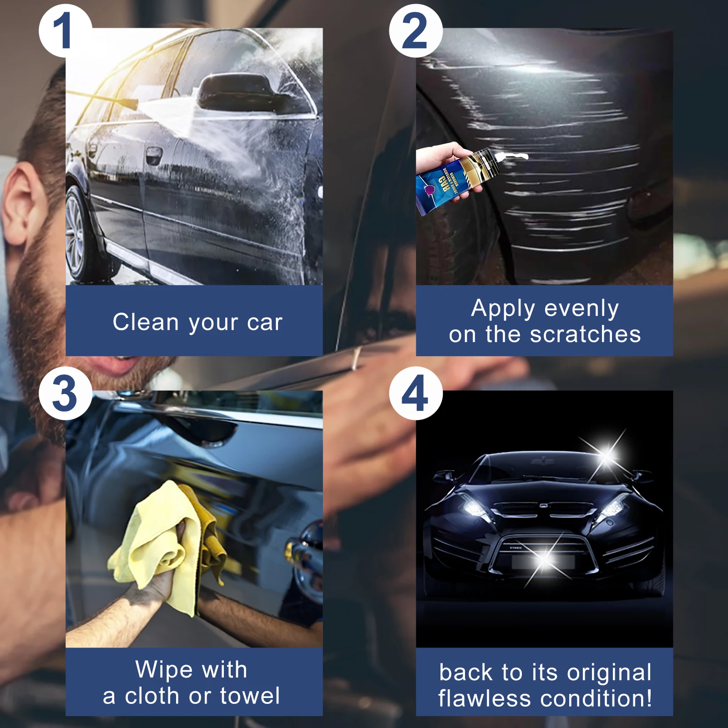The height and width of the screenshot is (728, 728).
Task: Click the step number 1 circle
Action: [65, 31]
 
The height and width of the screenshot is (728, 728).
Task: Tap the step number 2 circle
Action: [415, 31]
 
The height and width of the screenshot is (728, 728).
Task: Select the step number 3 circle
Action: [65, 394]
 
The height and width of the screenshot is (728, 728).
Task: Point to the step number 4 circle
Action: [415, 394]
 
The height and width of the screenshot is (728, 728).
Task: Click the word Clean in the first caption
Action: [146, 322]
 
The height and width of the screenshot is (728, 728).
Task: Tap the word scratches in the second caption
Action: [585, 334]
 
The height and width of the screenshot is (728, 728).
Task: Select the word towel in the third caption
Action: [250, 696]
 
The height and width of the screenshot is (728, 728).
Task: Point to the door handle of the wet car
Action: [154, 155]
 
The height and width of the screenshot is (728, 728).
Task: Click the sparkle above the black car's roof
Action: [607, 453]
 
